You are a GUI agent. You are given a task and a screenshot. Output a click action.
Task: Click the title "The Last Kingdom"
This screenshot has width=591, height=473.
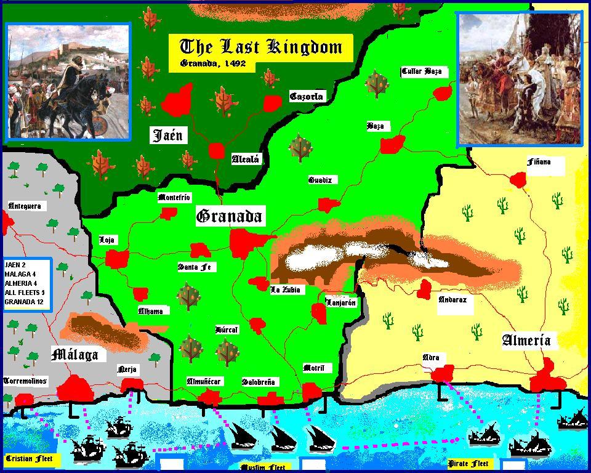[260, 47]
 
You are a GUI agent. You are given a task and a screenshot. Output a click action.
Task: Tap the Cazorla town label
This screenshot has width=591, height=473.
[306, 97]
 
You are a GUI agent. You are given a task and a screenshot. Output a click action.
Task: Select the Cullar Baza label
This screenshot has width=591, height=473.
[422, 71]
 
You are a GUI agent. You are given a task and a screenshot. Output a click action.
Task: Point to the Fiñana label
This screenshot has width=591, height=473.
[539, 162]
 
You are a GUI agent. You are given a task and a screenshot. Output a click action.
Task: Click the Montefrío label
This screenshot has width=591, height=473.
[174, 198]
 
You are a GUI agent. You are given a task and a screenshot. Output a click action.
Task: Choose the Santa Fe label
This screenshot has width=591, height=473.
[197, 267]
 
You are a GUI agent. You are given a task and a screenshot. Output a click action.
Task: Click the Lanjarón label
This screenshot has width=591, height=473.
[340, 302]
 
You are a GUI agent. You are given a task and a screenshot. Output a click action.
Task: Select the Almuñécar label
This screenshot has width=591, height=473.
[204, 382]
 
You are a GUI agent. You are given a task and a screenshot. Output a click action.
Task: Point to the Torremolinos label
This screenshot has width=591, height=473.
[25, 381]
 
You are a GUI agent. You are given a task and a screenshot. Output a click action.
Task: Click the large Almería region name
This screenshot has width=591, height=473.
[526, 340]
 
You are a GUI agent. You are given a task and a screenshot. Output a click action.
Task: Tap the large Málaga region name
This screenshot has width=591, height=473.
[74, 355]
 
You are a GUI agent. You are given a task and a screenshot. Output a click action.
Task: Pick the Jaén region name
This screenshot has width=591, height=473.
[167, 135]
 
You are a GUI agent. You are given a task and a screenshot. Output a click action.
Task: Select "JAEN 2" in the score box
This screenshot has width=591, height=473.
[15, 264]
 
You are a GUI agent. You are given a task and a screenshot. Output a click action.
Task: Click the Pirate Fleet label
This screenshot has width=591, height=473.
[468, 463]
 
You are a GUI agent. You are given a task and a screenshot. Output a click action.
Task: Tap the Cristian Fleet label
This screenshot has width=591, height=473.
[29, 459]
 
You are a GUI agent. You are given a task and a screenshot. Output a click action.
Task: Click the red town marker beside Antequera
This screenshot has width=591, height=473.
[7, 223]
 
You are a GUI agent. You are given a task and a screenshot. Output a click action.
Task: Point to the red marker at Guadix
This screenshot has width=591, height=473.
[329, 205]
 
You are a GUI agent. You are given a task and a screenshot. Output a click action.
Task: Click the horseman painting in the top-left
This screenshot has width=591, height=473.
[68, 81]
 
